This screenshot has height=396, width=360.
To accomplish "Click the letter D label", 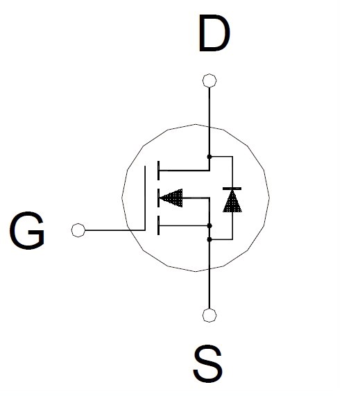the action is pyautogui.click(x=214, y=33).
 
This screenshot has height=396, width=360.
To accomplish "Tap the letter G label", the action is pyautogui.click(x=27, y=230).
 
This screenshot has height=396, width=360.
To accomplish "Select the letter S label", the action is pyautogui.click(x=208, y=363).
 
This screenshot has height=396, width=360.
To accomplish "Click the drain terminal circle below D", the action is pyautogui.click(x=209, y=80).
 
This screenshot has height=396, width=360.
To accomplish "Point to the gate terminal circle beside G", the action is pyautogui.click(x=78, y=230).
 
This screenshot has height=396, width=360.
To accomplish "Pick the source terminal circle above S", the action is pyautogui.click(x=209, y=315).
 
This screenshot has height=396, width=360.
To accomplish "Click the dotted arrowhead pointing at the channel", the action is pyautogui.click(x=171, y=198).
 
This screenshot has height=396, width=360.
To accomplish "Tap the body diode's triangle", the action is pyautogui.click(x=232, y=201).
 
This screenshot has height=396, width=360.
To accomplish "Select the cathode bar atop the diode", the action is pyautogui.click(x=232, y=189).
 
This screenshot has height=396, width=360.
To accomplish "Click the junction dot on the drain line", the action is pyautogui.click(x=209, y=157).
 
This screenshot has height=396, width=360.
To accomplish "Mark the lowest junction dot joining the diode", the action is pyautogui.click(x=209, y=239).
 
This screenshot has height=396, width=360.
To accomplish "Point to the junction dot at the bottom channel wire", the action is pyautogui.click(x=209, y=225).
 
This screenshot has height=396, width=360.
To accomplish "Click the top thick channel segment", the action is pyautogui.click(x=158, y=171).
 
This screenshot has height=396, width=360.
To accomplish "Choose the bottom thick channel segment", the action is pyautogui.click(x=158, y=225).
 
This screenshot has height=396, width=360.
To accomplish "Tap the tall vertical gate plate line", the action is pyautogui.click(x=145, y=198).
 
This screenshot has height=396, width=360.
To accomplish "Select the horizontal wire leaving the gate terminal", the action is pyautogui.click(x=115, y=230).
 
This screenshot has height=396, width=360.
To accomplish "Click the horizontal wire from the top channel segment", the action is pyautogui.click(x=185, y=171).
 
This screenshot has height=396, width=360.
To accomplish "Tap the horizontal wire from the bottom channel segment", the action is pyautogui.click(x=183, y=225).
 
